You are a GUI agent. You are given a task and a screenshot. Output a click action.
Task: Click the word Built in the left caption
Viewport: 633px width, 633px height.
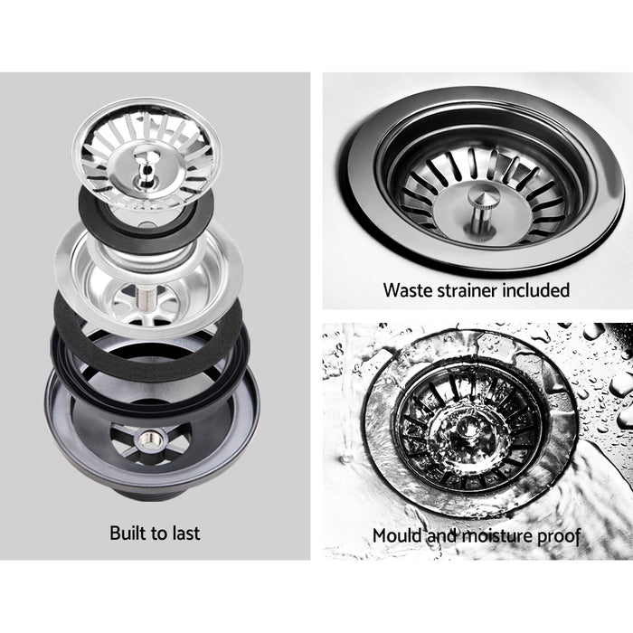point(128,533)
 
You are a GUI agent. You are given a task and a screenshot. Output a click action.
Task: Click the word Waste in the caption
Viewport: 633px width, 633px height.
point(406,290)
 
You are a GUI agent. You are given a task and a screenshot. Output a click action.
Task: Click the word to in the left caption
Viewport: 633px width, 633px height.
point(160,533)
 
